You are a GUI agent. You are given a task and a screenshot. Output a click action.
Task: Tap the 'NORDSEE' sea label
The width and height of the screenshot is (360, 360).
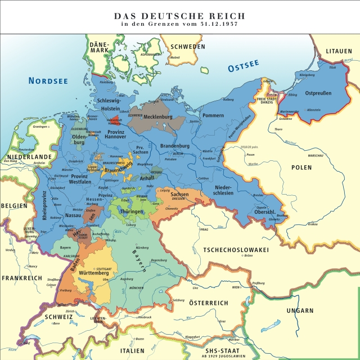coord(48,81)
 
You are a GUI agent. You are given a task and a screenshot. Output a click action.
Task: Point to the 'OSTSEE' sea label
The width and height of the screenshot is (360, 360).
coord(246,67)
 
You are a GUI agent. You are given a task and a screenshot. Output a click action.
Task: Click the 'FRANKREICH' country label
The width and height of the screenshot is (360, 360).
coord(22,278)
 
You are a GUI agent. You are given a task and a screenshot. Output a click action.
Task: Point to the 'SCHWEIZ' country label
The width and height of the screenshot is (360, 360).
coord(56,317)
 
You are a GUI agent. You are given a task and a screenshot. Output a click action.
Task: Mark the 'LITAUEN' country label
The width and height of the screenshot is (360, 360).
coord(341,52)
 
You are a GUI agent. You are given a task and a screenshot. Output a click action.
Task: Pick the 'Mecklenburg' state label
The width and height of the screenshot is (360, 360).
coord(157,117)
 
